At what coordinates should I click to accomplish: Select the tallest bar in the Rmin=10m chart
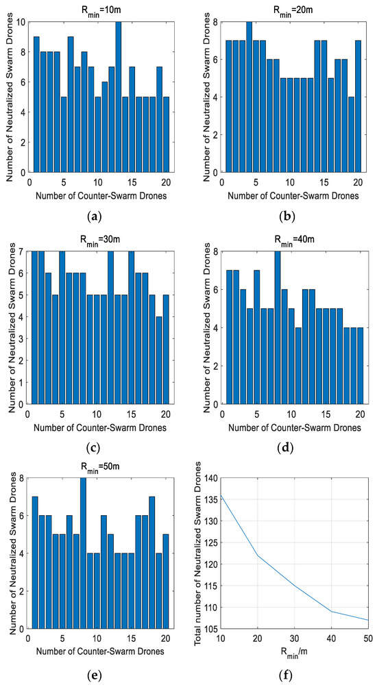pyautogui.click(x=118, y=96)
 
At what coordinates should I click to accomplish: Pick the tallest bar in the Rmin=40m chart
pyautogui.click(x=277, y=327)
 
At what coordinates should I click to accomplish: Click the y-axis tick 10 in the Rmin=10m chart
pyautogui.click(x=21, y=22)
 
